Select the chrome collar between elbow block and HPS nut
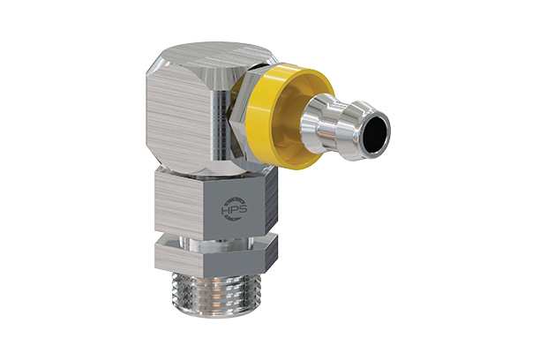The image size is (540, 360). click(x=208, y=166)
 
